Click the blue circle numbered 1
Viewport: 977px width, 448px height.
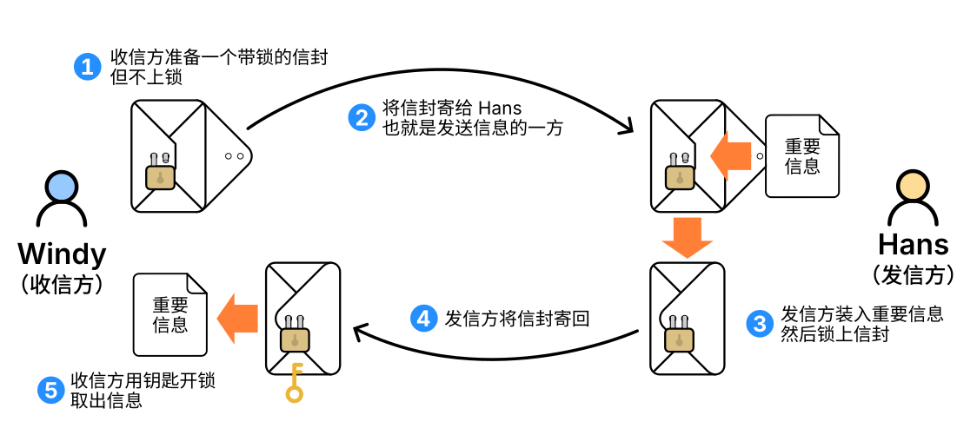[x=87, y=67]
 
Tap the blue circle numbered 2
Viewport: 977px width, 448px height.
[x=361, y=117]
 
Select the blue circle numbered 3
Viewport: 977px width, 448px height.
[x=759, y=324]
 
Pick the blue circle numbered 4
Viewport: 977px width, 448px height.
[x=423, y=319]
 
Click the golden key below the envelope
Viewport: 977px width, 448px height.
[x=295, y=384]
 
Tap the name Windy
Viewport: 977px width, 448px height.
[x=62, y=254]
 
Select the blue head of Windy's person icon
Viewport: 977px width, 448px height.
[x=62, y=185]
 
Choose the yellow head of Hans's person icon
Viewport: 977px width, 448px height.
[x=913, y=186]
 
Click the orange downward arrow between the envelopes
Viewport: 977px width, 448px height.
[x=686, y=237]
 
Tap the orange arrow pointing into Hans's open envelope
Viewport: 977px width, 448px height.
[x=730, y=155]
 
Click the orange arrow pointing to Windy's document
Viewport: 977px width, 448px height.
[x=237, y=317]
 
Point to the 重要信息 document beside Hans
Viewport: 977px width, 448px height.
[x=801, y=155]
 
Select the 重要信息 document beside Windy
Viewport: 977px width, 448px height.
[x=170, y=315]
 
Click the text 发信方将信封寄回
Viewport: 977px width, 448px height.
[x=516, y=319]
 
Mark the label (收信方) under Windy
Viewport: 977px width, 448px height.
[x=62, y=284]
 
